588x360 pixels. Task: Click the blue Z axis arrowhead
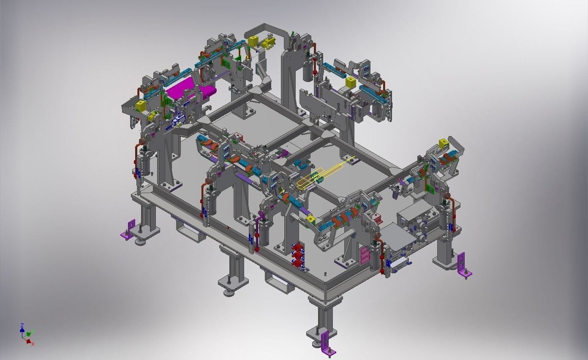22,330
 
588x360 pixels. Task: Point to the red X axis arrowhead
29,341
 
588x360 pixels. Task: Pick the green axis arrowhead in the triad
29,333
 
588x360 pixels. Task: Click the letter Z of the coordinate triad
22,325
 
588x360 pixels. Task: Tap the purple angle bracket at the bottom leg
327,343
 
